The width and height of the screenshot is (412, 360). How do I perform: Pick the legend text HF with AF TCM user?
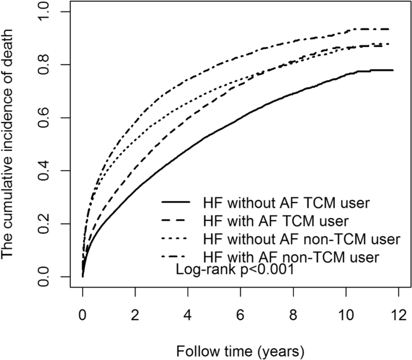(x=276, y=221)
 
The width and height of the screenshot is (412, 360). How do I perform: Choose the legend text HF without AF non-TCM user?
(x=302, y=239)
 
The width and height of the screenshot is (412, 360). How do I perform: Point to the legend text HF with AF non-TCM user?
(x=291, y=257)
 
